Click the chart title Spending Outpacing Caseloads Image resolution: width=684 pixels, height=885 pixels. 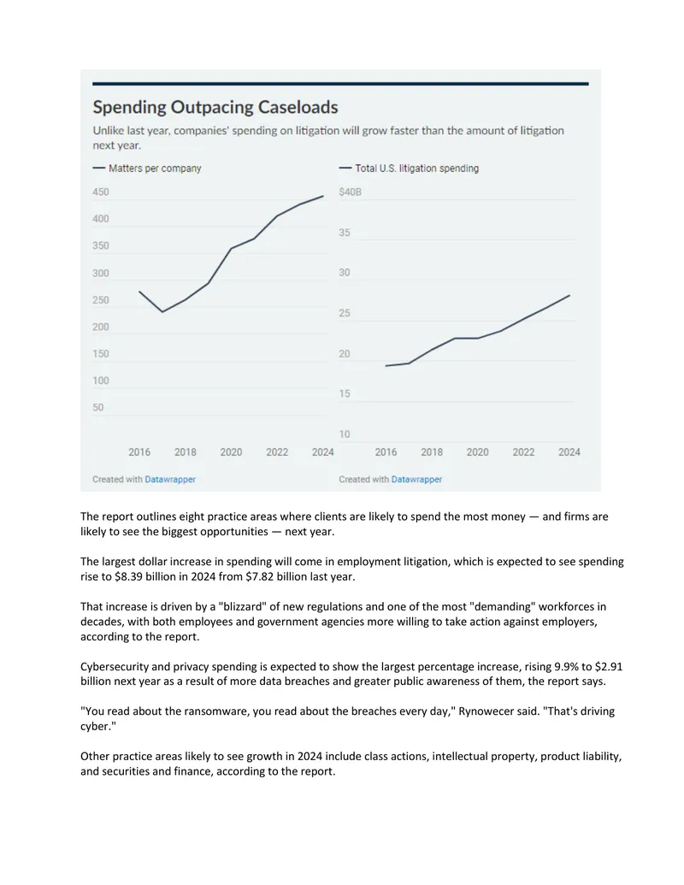(x=215, y=107)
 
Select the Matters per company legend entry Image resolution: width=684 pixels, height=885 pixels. (x=147, y=168)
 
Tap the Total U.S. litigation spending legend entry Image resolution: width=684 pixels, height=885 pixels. (x=409, y=168)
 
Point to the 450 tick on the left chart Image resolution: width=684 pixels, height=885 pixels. (x=100, y=192)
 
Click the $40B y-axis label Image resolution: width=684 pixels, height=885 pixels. (x=350, y=192)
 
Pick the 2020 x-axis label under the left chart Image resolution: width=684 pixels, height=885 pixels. (x=231, y=452)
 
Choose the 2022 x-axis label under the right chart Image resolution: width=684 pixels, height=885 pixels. (x=523, y=452)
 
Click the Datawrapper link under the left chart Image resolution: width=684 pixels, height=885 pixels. (x=170, y=479)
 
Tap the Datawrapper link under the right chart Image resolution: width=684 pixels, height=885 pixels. (x=416, y=479)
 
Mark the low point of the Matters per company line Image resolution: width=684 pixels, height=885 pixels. (x=162, y=311)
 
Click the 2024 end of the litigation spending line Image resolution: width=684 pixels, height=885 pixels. (x=569, y=295)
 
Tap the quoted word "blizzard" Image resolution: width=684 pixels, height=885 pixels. (x=242, y=607)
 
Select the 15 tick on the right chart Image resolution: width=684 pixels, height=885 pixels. (x=345, y=393)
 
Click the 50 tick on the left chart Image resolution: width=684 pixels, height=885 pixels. (x=98, y=408)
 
